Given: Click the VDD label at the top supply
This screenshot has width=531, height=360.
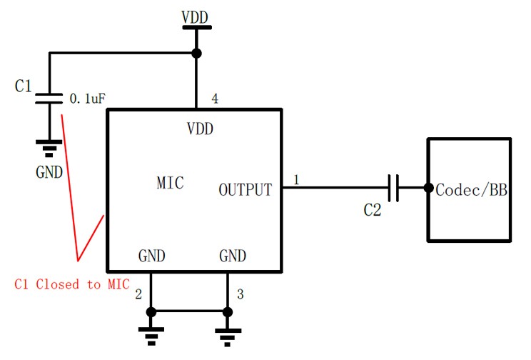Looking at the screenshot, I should click(x=196, y=15).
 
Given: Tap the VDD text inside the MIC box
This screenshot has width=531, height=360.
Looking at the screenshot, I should click(x=200, y=129).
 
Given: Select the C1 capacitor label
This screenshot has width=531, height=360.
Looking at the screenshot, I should click(x=24, y=86).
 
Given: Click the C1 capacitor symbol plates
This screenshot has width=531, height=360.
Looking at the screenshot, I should click(x=49, y=99).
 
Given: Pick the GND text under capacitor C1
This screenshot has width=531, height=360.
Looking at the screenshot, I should click(x=49, y=172).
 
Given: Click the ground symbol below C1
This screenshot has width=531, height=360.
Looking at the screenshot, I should click(x=49, y=149).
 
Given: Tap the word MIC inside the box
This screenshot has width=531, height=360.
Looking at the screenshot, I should click(x=170, y=183).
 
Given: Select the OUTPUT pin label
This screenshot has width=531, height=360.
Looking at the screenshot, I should click(x=245, y=190).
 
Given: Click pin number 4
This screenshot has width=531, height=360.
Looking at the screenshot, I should click(x=215, y=98).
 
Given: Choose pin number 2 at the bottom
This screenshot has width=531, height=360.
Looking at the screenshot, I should click(x=139, y=294).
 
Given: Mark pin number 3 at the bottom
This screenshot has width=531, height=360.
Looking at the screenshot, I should click(x=240, y=294).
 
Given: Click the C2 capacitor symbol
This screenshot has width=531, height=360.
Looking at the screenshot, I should click(x=393, y=189).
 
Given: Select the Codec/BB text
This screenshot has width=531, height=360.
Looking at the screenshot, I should click(x=471, y=190).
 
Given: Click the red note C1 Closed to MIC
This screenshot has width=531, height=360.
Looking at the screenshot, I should click(x=72, y=284).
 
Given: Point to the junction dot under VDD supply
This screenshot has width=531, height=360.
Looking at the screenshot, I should click(x=196, y=54).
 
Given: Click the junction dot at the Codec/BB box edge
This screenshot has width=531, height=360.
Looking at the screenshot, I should click(x=428, y=189).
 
